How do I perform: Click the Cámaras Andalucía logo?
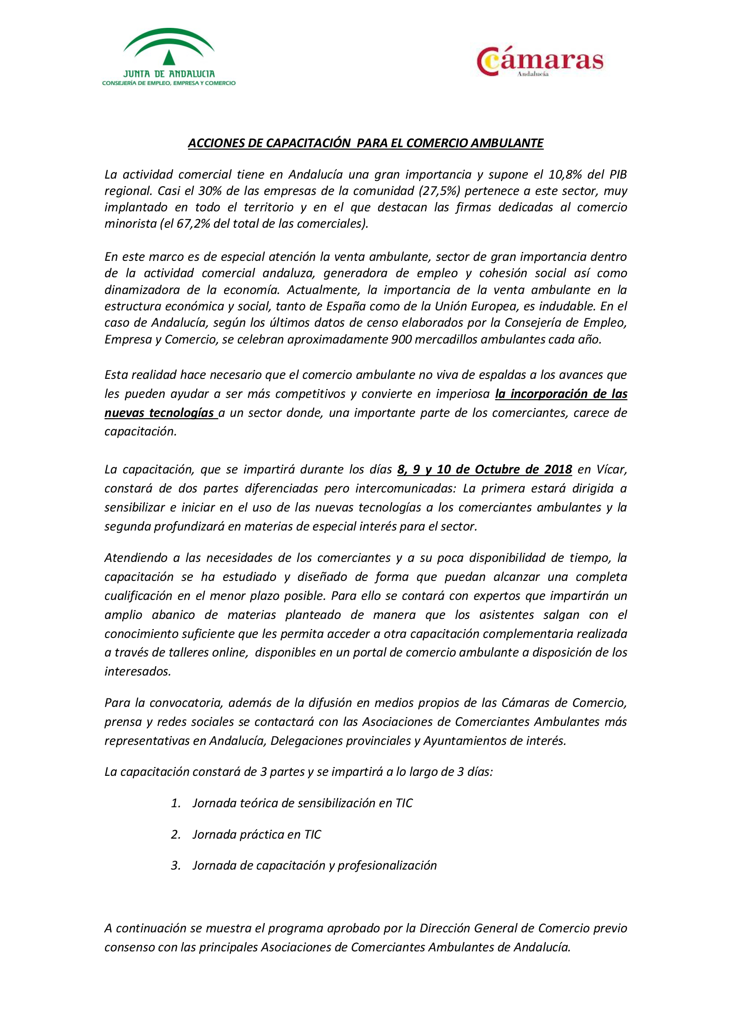pyautogui.click(x=540, y=62)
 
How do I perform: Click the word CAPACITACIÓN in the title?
pyautogui.click(x=308, y=143)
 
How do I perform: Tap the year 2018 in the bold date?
pyautogui.click(x=558, y=469)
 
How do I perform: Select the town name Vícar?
pyautogui.click(x=612, y=469)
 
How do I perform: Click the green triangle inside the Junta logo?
pyautogui.click(x=169, y=57)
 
